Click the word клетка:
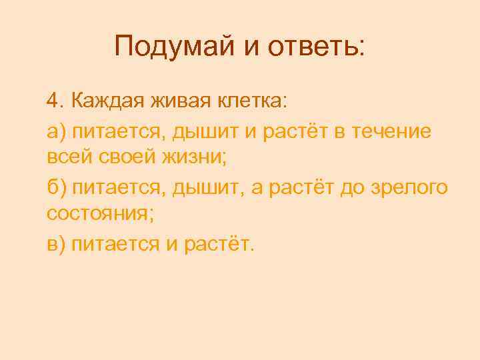(250, 102)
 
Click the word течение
(397, 131)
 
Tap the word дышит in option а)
(199, 131)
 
